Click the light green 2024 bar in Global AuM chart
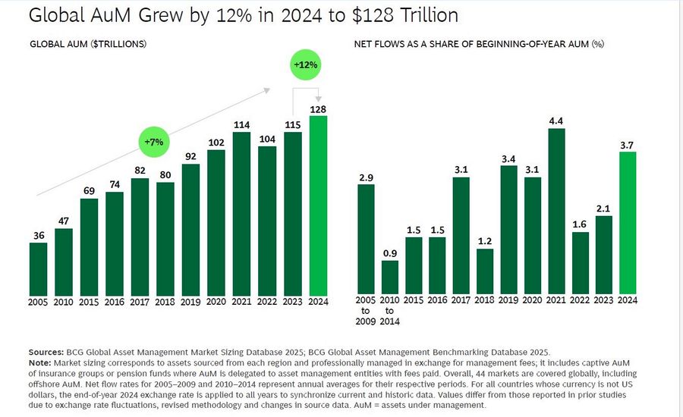point(319,205)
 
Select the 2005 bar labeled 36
point(38,269)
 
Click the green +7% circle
point(156,142)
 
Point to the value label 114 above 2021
point(241,125)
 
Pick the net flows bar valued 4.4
point(556,212)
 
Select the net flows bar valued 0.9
point(389,277)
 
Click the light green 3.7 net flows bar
point(628,223)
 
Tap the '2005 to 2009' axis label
point(366,312)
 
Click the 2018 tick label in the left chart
point(165,302)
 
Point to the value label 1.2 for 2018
point(485,241)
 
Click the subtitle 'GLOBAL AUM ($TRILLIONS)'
point(88,44)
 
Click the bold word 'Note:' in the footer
point(42,363)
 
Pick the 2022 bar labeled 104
point(267,221)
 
